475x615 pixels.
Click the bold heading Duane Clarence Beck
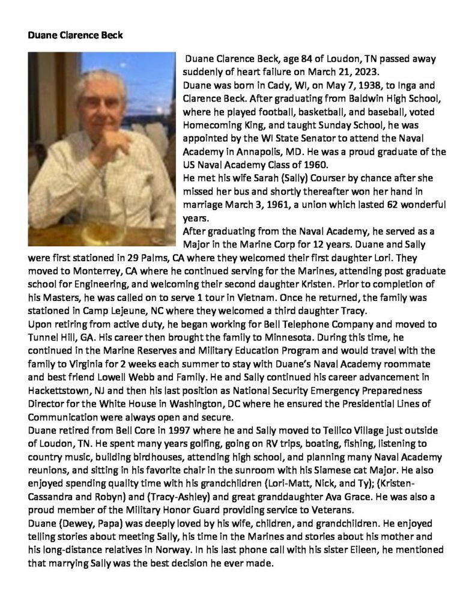pos(75,35)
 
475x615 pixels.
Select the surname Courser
pos(326,179)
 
